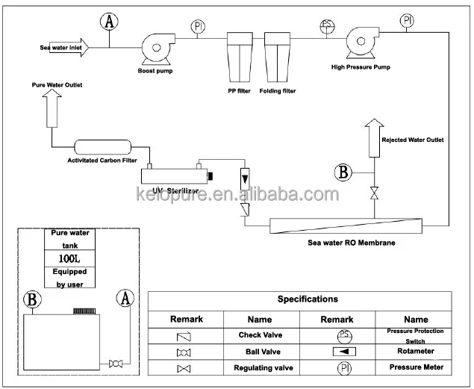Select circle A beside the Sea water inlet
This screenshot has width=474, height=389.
(x=110, y=22)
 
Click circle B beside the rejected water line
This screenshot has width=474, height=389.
(x=343, y=173)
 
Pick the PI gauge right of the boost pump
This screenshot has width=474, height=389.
(x=198, y=26)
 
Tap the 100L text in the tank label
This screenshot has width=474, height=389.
(x=69, y=258)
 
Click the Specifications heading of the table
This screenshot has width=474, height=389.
(x=308, y=299)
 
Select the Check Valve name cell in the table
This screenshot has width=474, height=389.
(x=260, y=335)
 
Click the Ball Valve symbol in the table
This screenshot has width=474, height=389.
(x=183, y=352)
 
